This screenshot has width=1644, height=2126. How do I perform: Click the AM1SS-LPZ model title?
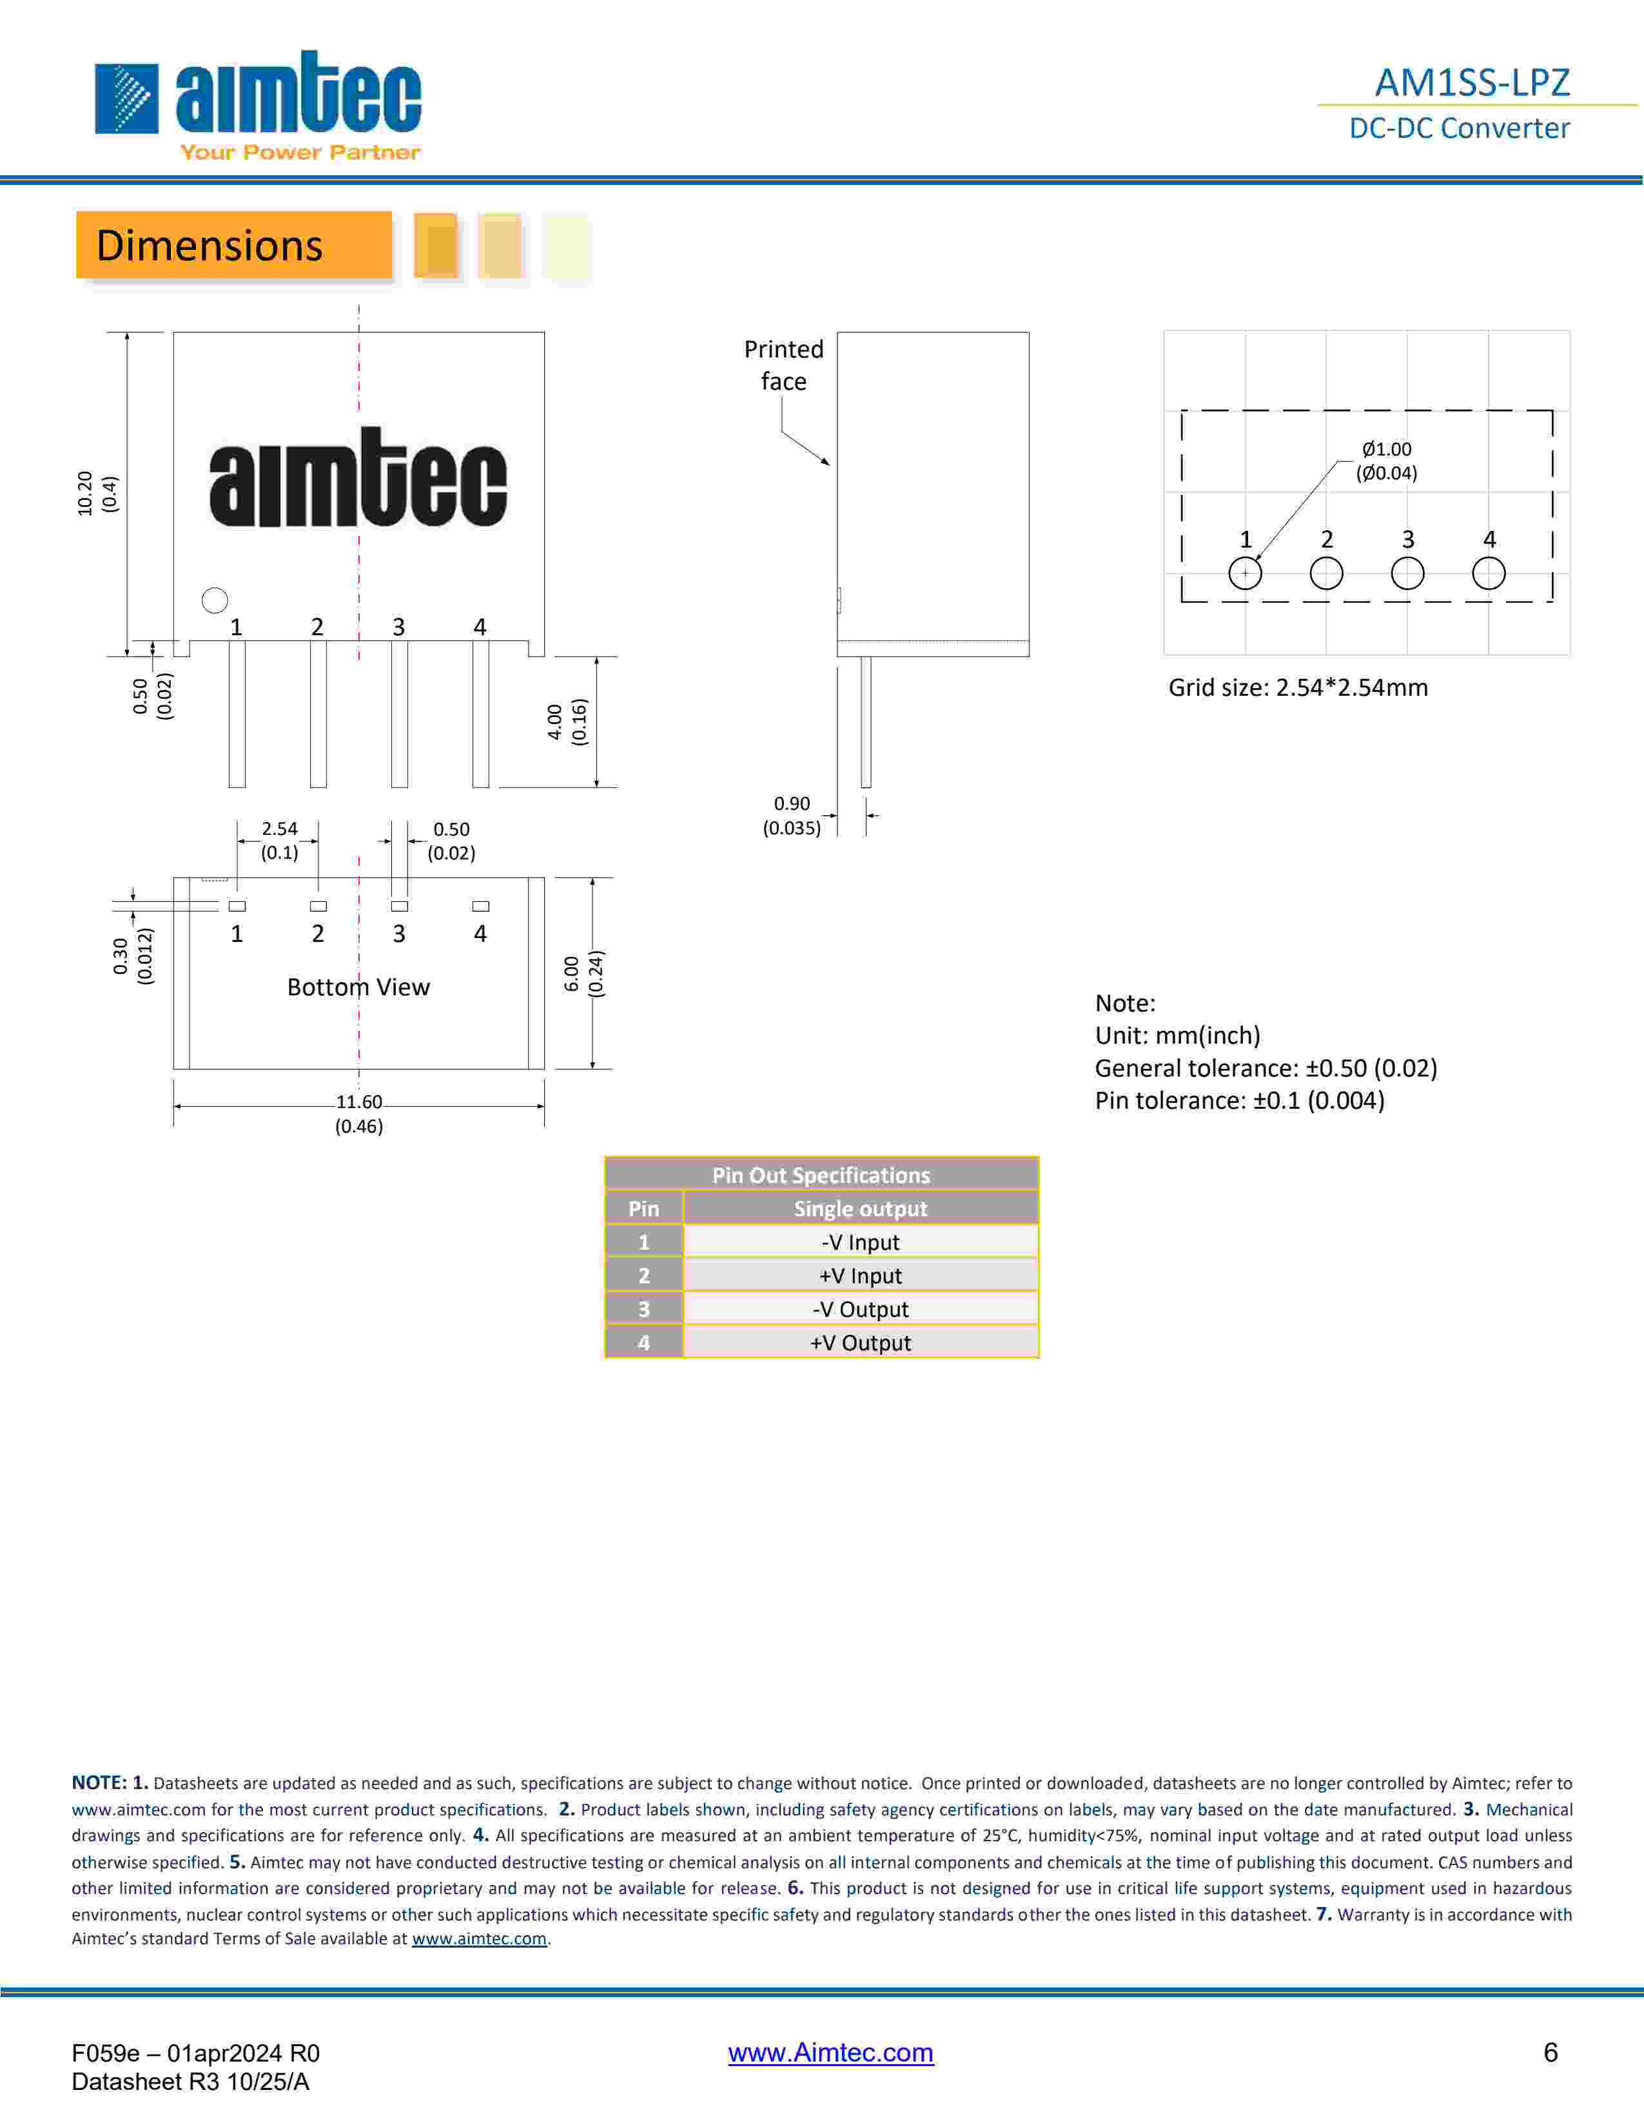tap(1472, 82)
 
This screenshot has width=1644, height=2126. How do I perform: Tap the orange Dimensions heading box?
tap(234, 245)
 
